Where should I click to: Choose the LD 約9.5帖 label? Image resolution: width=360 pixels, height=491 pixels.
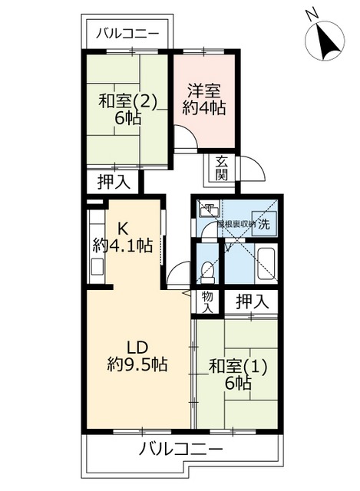tap(137, 354)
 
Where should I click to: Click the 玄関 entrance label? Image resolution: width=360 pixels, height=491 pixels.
tap(221, 168)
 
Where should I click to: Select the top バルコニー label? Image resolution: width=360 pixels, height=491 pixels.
tap(127, 35)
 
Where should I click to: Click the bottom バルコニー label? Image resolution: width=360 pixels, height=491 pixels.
tap(180, 450)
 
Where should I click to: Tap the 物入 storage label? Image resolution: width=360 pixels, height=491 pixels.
tap(206, 301)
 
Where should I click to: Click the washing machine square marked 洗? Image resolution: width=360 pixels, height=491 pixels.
tap(263, 225)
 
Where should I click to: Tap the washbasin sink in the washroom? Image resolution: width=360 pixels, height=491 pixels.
tap(209, 209)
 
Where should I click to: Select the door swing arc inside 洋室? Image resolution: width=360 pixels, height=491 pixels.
tap(184, 137)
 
